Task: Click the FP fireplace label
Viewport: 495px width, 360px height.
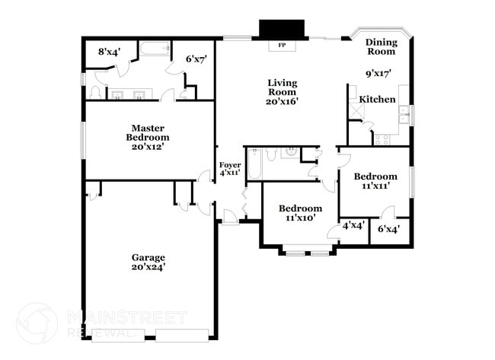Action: click(x=282, y=45)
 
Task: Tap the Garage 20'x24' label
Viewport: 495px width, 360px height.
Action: click(x=148, y=262)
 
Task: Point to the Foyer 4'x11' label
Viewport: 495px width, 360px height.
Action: click(x=230, y=169)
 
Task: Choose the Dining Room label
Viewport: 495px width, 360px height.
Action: click(x=381, y=47)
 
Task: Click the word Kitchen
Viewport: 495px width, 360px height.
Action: click(x=377, y=100)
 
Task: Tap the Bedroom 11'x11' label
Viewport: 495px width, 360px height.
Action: click(x=376, y=180)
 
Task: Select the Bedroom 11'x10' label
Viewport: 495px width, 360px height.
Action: click(x=300, y=213)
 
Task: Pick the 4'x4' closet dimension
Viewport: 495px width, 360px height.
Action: click(x=353, y=226)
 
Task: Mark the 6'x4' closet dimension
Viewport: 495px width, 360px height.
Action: click(x=389, y=227)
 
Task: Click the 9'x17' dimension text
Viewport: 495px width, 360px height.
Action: click(x=378, y=75)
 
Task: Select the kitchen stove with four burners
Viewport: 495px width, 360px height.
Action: click(x=381, y=139)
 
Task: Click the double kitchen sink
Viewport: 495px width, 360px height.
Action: click(x=404, y=115)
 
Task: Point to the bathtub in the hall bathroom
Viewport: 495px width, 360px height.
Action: click(x=255, y=164)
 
